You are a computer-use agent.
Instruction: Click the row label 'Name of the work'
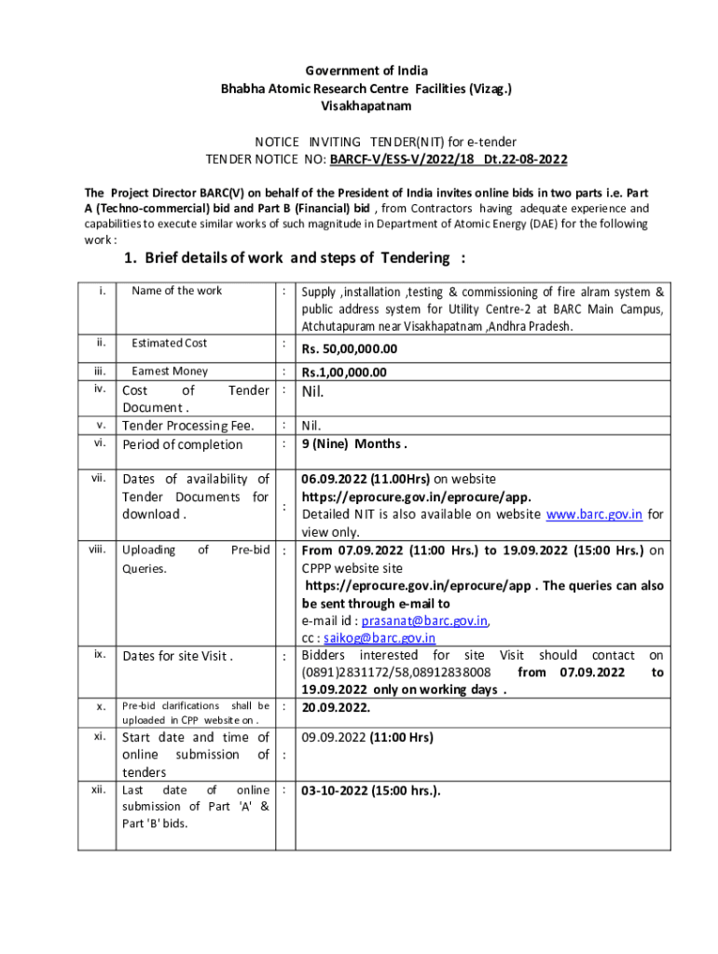point(176,291)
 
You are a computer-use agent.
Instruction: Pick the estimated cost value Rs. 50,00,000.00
point(349,349)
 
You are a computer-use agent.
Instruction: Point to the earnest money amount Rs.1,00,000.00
point(344,373)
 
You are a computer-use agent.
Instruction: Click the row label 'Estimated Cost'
point(169,344)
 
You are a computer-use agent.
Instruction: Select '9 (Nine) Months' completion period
point(353,443)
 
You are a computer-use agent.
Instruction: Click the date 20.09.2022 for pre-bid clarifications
point(335,707)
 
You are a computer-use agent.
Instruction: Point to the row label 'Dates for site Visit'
point(177,656)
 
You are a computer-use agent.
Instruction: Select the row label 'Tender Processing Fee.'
point(182,426)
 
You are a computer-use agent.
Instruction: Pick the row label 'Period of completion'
point(182,444)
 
